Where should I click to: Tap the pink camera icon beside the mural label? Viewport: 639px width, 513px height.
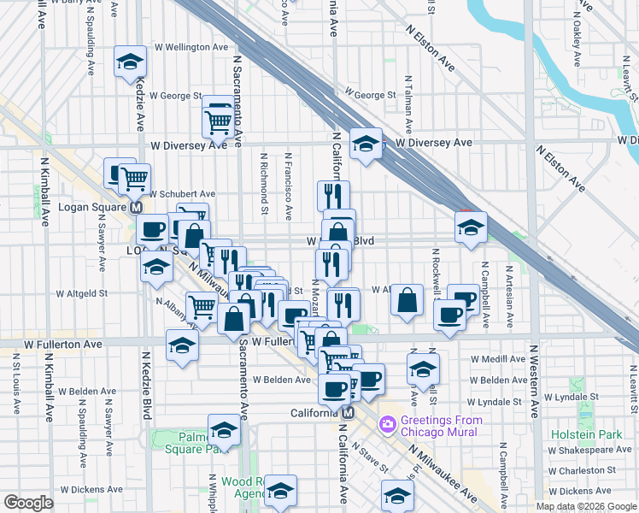tap(388, 423)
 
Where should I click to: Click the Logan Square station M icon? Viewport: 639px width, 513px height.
tap(135, 207)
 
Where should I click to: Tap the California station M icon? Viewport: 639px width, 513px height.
tap(348, 413)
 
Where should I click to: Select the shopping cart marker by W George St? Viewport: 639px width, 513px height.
tap(219, 122)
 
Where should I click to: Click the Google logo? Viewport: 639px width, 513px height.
tap(28, 503)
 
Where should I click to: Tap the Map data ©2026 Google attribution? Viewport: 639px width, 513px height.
tap(586, 506)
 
